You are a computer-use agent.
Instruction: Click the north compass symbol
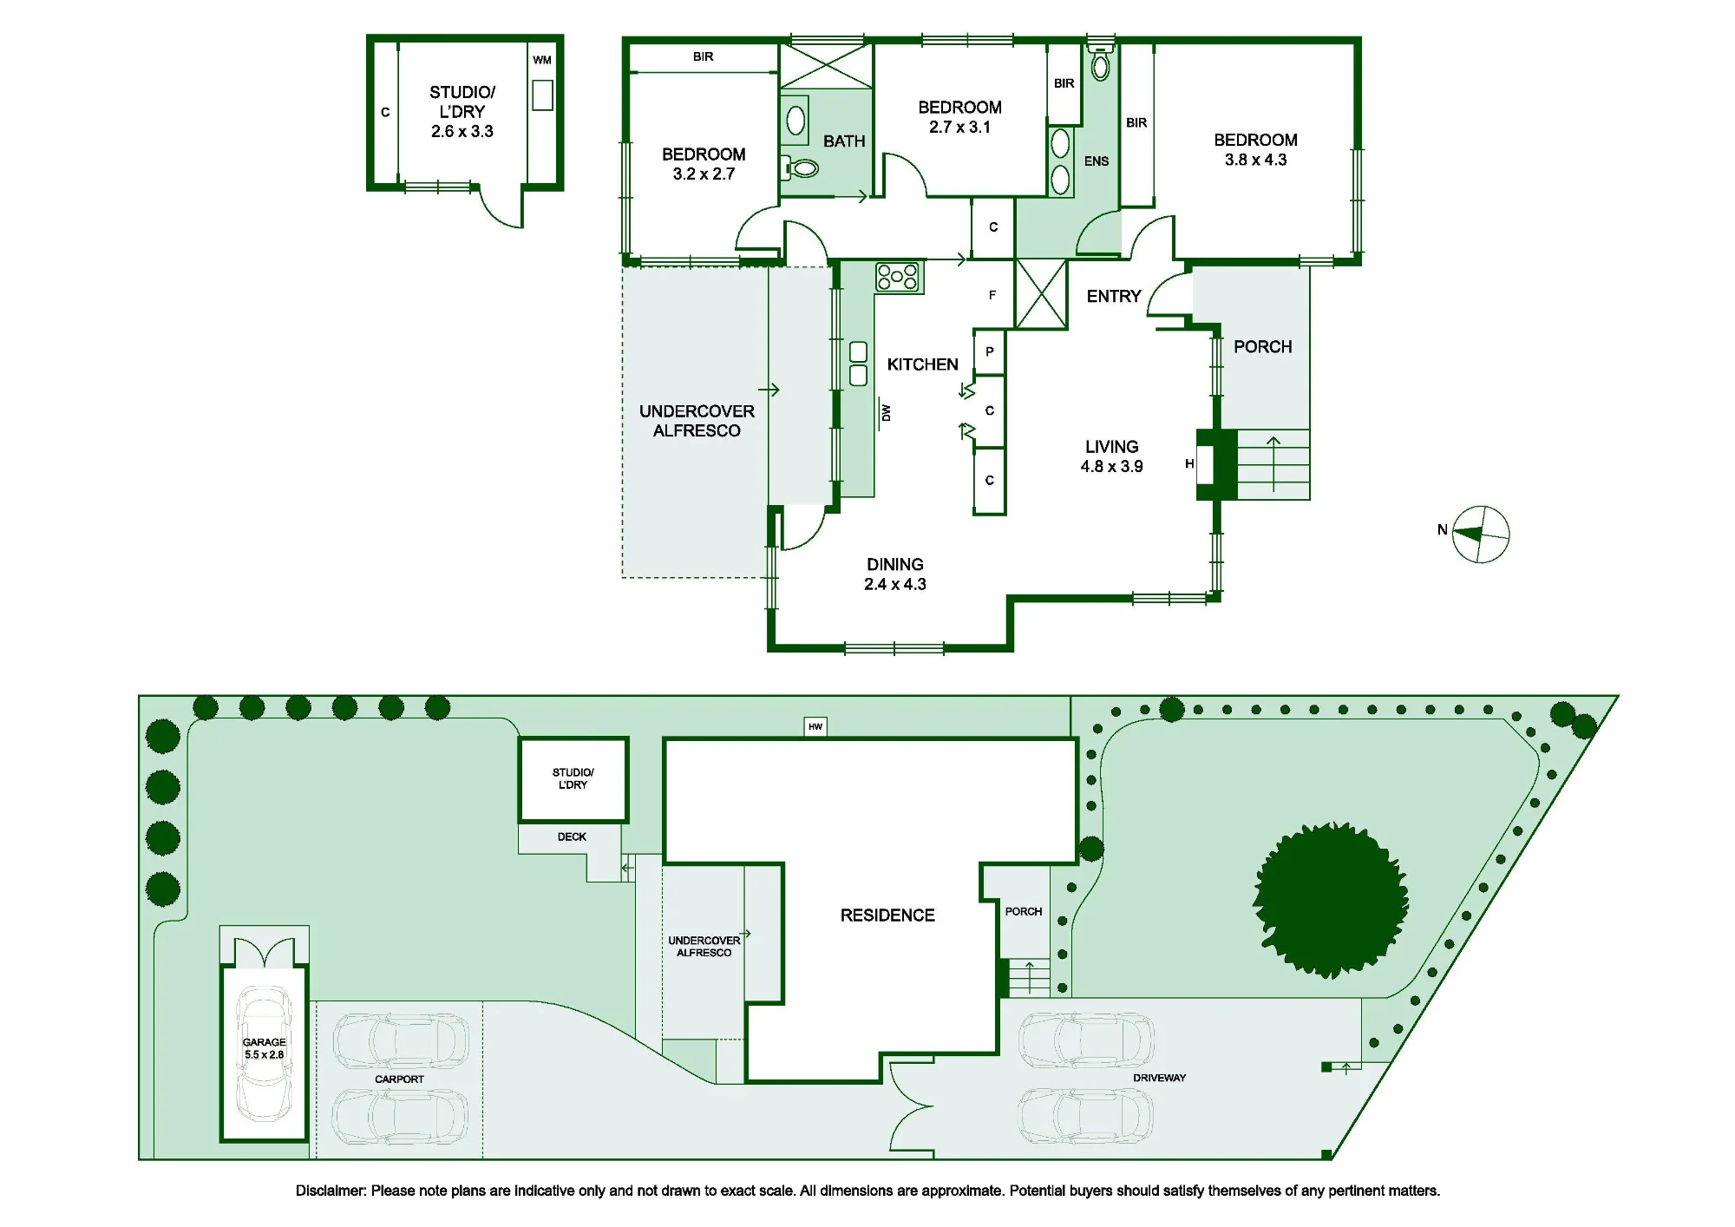[x=1481, y=535]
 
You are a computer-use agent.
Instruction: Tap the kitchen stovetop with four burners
[x=899, y=278]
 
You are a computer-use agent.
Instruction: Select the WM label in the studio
[x=542, y=60]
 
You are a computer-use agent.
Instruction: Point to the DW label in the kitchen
[x=886, y=413]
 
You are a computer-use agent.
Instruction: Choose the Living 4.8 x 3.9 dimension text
[x=1111, y=466]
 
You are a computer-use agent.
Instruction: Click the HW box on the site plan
[x=815, y=726]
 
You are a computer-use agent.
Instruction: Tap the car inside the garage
[x=264, y=1053]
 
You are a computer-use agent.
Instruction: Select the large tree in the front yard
[x=1330, y=901]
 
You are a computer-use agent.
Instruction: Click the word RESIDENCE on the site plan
[x=887, y=915]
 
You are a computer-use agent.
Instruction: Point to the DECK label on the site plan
[x=572, y=837]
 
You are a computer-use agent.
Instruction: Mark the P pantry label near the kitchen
[x=990, y=351]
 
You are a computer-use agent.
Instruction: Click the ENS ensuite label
[x=1097, y=161]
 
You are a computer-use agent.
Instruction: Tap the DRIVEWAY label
[x=1159, y=1078]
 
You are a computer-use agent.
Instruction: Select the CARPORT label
[x=399, y=1079]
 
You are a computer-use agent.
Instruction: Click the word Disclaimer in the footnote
[x=331, y=1191]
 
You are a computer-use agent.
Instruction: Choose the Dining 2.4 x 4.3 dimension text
[x=895, y=584]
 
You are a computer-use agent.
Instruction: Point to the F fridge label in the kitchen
[x=992, y=295]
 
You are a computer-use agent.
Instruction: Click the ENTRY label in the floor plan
[x=1114, y=297]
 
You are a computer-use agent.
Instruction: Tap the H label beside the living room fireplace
[x=1189, y=464]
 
